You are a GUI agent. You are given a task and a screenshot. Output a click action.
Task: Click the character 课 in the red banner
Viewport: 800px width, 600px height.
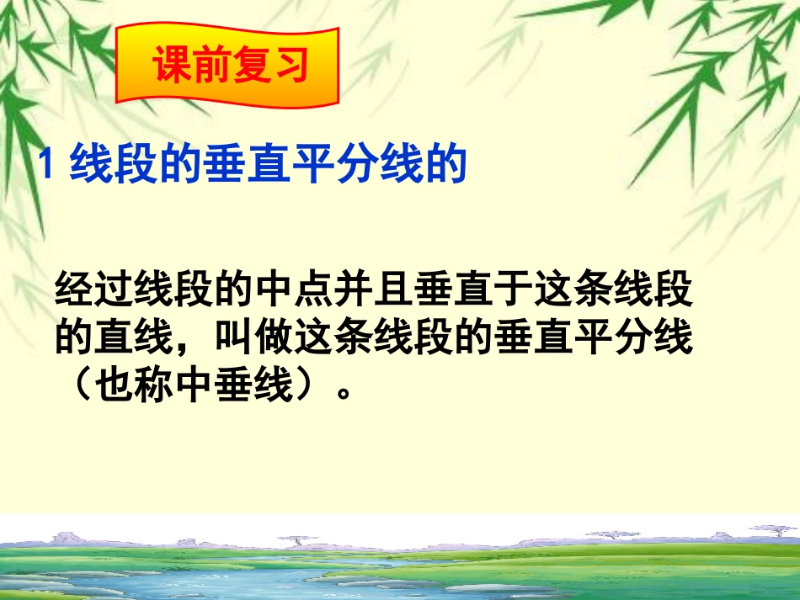click(x=171, y=67)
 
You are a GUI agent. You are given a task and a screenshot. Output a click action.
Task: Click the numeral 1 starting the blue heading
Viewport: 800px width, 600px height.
click(x=49, y=165)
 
